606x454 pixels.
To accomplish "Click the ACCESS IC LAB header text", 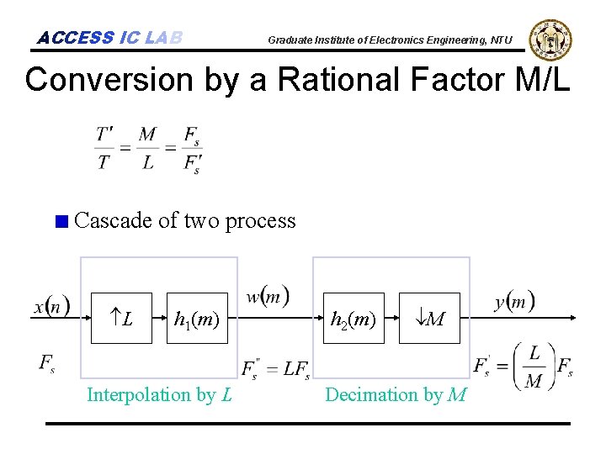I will click(110, 38).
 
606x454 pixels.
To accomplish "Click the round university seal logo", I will click(550, 40).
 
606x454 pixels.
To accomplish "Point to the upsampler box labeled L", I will click(122, 319).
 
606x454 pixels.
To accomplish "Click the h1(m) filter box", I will click(197, 319).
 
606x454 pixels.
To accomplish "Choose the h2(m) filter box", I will click(353, 319).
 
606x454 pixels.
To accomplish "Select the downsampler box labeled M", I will click(429, 319).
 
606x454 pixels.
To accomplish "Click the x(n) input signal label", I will click(52, 306).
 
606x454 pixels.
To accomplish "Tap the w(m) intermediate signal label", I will click(268, 297).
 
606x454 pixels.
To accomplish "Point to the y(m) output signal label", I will click(513, 301).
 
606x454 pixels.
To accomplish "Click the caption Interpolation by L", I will click(160, 394).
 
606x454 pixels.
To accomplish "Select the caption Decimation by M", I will click(396, 394).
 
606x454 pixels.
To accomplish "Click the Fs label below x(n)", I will click(48, 362).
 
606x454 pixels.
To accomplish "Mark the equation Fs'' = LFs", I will click(275, 368).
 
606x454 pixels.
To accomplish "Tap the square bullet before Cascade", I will click(60, 223).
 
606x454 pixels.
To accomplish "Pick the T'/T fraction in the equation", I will click(105, 148).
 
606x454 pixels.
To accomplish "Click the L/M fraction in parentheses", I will click(534, 367).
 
